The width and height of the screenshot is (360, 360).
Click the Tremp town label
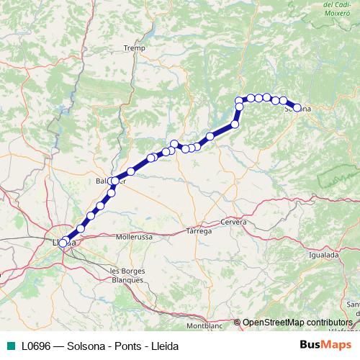tap(134, 48)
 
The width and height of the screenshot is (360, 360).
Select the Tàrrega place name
tap(199, 231)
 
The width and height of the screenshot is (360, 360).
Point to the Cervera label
tap(234, 222)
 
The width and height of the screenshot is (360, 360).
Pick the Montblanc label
tap(204, 325)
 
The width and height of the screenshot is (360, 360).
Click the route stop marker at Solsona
tap(297, 108)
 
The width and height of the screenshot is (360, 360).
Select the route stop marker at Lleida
tap(63, 243)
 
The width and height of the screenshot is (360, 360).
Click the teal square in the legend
tap(9, 346)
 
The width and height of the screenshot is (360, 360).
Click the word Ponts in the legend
tap(122, 346)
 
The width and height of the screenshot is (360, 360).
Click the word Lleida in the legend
tap(161, 346)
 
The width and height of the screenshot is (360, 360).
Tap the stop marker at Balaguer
tap(115, 181)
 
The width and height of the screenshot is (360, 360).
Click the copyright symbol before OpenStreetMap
tap(237, 322)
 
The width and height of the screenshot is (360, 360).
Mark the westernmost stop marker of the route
tap(63, 243)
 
